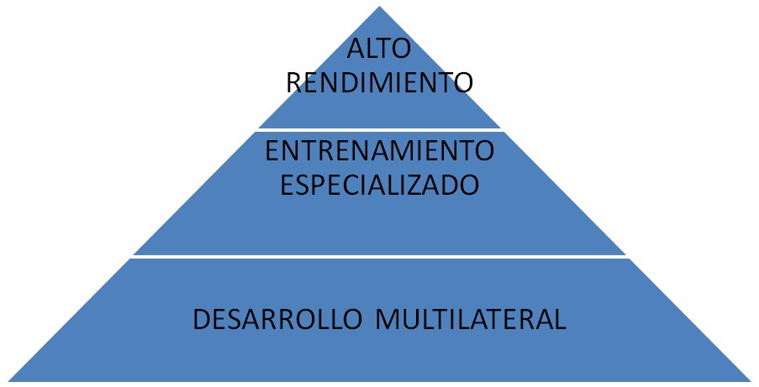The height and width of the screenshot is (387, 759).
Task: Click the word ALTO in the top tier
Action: [379, 50]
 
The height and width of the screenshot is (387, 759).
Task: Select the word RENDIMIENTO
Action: [380, 83]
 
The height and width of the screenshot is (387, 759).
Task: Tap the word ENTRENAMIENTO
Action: [379, 152]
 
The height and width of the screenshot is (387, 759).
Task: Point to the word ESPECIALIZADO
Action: [379, 184]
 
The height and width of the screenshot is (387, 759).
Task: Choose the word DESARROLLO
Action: [280, 320]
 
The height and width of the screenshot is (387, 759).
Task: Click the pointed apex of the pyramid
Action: [380, 7]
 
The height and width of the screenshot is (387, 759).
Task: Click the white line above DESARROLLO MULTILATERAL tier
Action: [380, 257]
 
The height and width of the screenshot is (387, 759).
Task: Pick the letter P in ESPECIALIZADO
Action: [317, 184]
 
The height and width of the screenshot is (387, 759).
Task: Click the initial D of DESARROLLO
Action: [202, 320]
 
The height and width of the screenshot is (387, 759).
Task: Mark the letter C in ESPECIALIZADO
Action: [351, 184]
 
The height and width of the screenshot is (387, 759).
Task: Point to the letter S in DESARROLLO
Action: [236, 320]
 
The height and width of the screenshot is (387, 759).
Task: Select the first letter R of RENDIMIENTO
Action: [294, 83]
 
